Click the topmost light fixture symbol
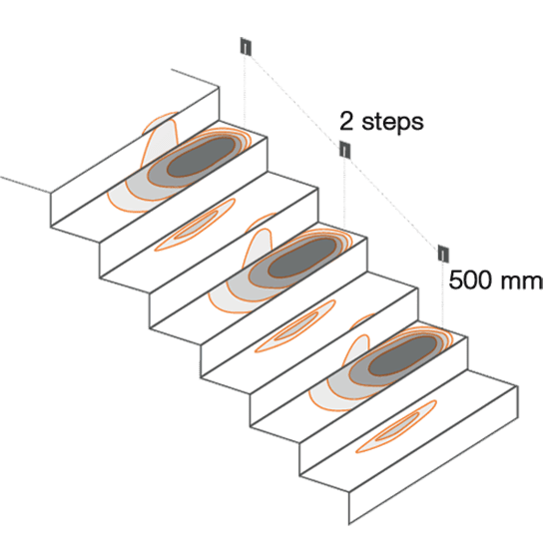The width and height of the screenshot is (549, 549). [x=246, y=47]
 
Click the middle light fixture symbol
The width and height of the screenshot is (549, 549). [x=345, y=150]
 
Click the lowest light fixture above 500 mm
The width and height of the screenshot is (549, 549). [x=443, y=254]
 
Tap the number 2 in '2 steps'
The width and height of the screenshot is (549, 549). [x=346, y=122]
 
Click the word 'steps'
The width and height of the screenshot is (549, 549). [x=392, y=123]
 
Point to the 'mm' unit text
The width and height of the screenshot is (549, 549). [x=521, y=282]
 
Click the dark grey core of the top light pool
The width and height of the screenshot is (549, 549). [x=201, y=157]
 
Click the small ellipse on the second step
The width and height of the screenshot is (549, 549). [x=195, y=225]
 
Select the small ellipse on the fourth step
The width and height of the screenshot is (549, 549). [x=295, y=326]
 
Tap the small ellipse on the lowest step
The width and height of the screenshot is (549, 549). [x=396, y=426]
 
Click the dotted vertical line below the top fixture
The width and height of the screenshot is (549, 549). [x=245, y=92]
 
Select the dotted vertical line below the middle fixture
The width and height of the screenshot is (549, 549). [x=344, y=194]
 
